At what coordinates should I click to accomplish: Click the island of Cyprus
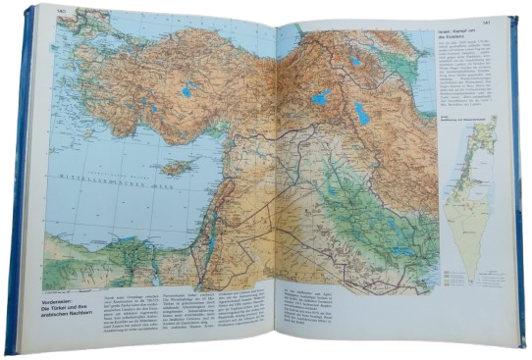click(176, 168)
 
